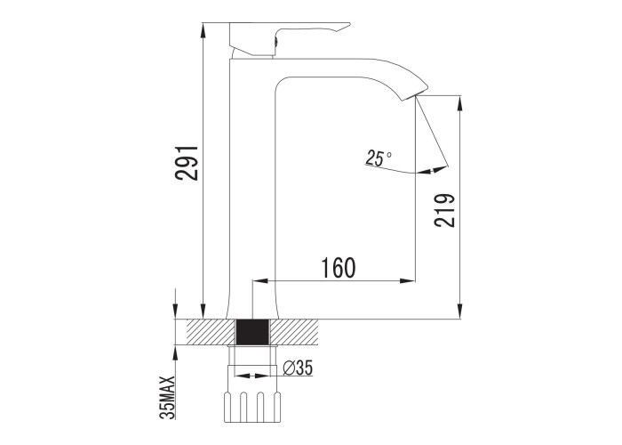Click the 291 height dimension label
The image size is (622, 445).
click(x=187, y=163)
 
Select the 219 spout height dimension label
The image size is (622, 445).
click(x=444, y=210)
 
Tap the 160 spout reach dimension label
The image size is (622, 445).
click(x=338, y=267)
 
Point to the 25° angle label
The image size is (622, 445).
click(x=379, y=158)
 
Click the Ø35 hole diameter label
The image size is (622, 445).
click(x=298, y=368)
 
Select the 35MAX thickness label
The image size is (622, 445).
click(x=167, y=397)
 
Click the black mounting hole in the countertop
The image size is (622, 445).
click(x=252, y=332)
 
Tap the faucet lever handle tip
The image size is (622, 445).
click(x=349, y=24)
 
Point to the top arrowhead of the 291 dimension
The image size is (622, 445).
click(x=203, y=29)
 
